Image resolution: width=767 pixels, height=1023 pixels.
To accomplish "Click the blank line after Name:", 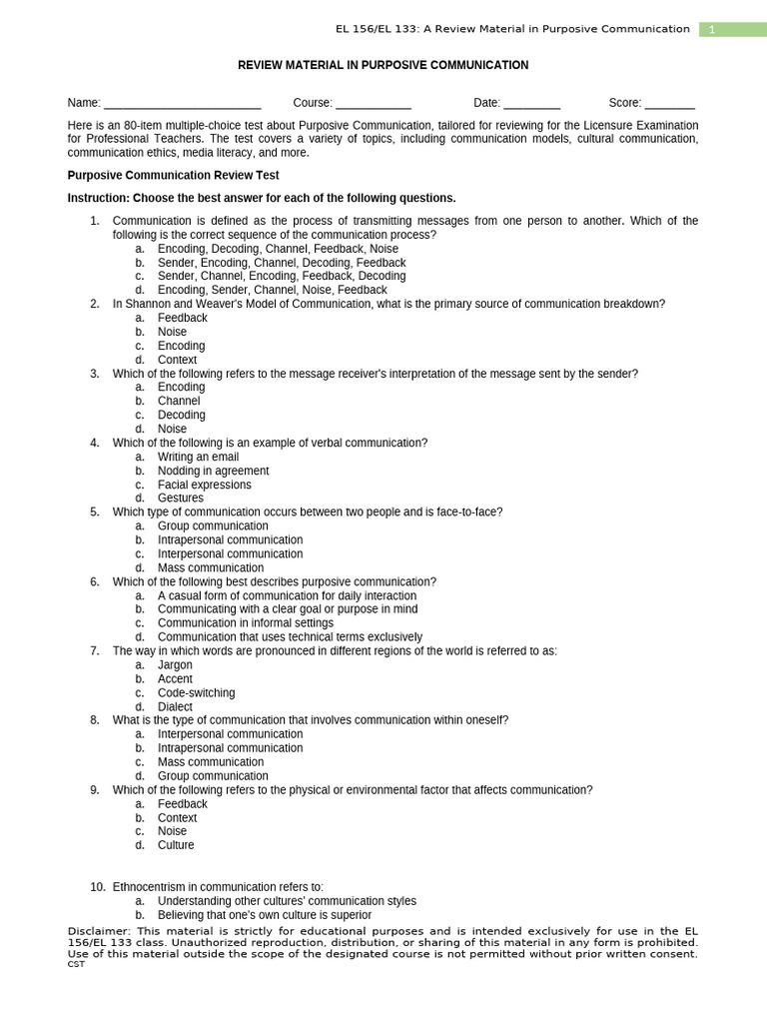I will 182,103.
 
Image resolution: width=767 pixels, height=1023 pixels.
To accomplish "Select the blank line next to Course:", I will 373,103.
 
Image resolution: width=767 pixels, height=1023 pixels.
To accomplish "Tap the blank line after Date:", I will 531,103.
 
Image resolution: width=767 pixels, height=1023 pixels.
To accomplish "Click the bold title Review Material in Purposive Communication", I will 383,65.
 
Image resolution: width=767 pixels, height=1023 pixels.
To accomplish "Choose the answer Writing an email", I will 198,457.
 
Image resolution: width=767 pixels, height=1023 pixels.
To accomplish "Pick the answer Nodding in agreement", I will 213,471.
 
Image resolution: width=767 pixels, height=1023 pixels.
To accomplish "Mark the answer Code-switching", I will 196,692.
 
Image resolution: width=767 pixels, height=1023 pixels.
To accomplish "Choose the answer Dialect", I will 175,706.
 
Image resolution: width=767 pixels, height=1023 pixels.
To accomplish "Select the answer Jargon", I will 175,664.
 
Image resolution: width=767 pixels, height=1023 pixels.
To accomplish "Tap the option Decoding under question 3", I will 181,415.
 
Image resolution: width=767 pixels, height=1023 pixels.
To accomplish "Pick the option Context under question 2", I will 177,360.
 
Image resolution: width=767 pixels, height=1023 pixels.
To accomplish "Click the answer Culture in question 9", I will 176,845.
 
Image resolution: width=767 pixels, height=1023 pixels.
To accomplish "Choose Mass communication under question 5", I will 211,567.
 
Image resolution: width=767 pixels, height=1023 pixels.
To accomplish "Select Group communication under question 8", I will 213,775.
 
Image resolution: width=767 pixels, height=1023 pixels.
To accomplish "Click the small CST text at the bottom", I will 76,964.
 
